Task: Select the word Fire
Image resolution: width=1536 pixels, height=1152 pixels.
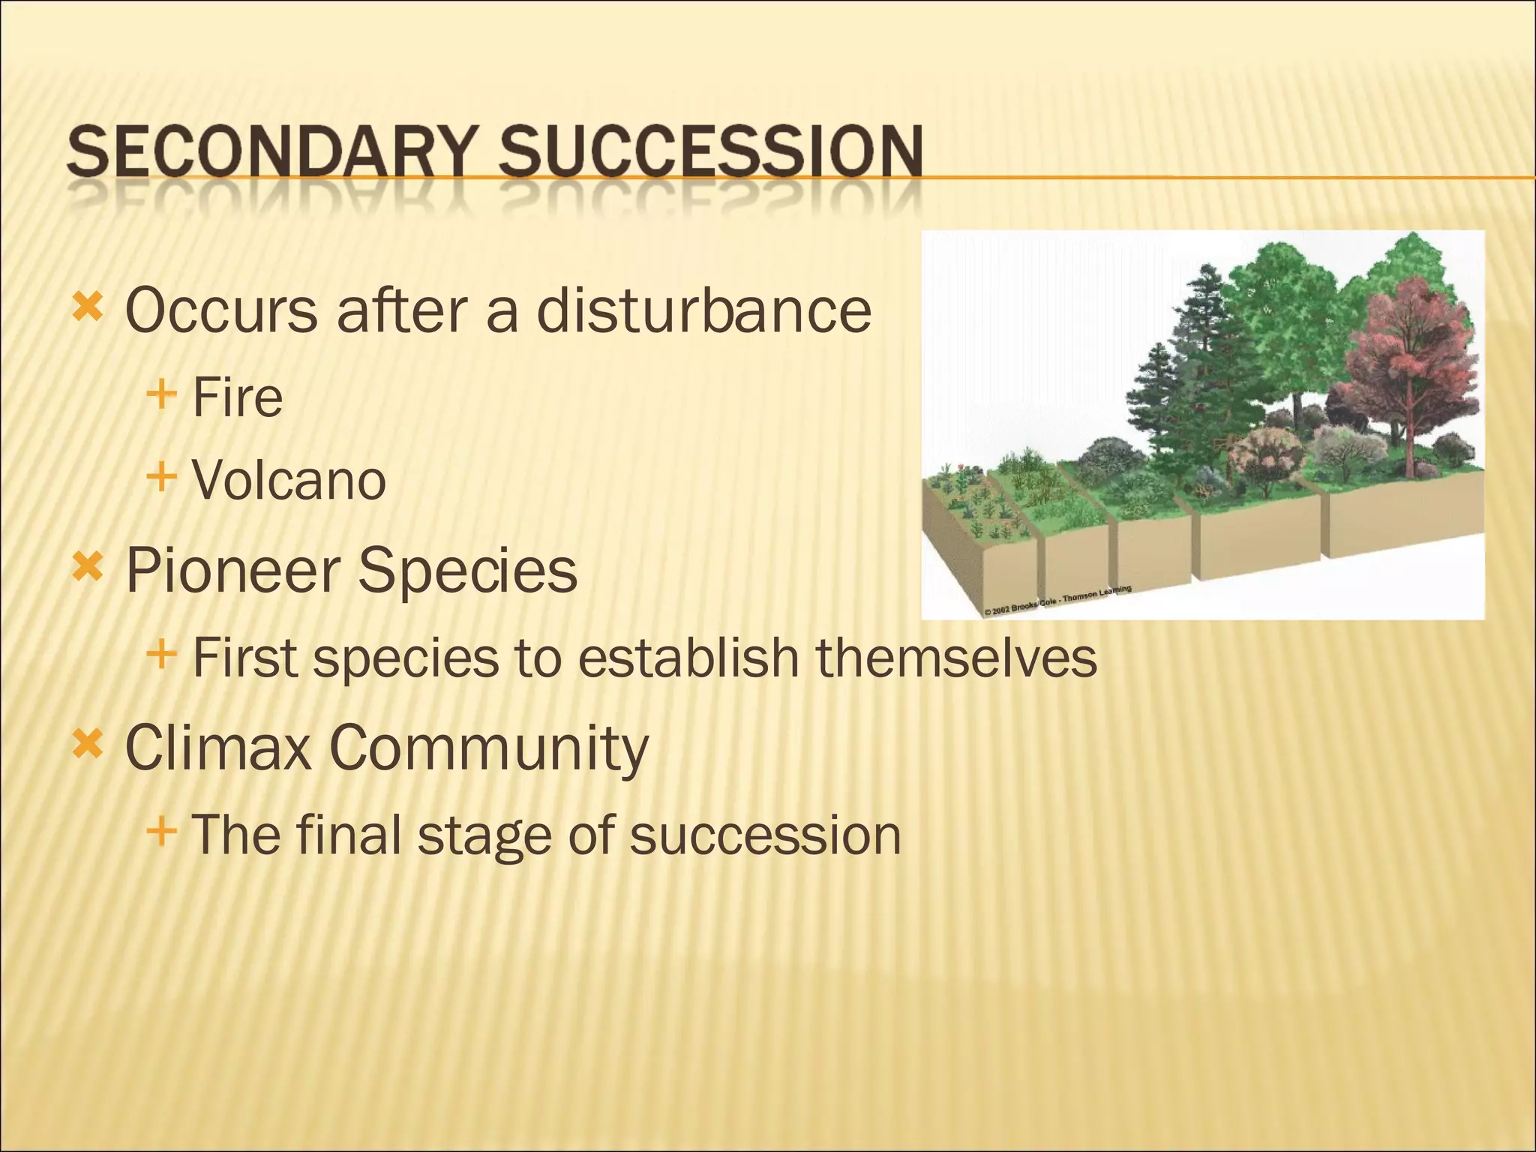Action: coord(237,397)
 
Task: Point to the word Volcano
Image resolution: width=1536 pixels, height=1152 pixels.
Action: coord(289,480)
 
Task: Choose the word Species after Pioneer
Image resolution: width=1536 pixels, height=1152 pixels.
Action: coord(466,571)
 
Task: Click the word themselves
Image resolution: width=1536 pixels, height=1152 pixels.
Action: coord(956,658)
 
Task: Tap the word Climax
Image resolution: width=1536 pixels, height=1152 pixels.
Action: coord(217,748)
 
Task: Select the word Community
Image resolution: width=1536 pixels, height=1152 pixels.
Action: coord(488,748)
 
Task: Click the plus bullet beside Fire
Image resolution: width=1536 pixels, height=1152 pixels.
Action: coord(161,394)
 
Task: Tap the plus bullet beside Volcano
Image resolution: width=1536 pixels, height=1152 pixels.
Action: coord(161,477)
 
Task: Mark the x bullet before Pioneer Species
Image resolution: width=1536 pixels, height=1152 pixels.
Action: coord(87,568)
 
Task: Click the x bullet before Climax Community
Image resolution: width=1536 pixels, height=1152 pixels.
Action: coord(87,745)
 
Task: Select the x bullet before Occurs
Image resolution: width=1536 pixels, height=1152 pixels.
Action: coord(87,307)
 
